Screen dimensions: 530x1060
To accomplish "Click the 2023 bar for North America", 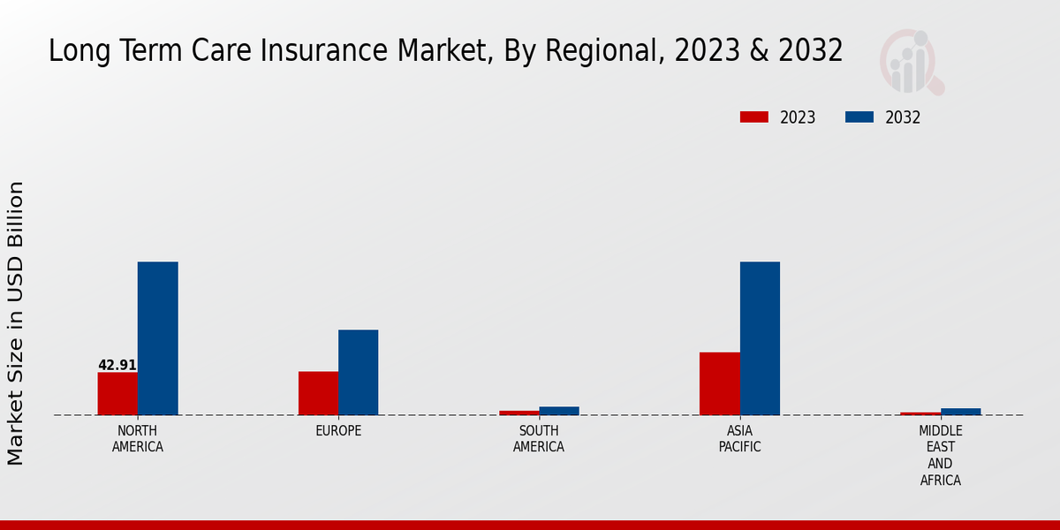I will click(x=117, y=393).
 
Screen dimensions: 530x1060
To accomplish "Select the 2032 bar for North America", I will click(x=157, y=338).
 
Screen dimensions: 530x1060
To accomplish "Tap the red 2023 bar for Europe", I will click(x=318, y=393).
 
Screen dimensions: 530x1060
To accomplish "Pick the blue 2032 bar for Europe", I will click(x=358, y=372).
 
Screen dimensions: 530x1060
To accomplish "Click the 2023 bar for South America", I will click(x=519, y=413).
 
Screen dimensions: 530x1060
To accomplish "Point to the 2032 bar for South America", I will click(x=559, y=411).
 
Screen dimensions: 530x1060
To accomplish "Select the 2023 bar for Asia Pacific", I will click(x=719, y=383).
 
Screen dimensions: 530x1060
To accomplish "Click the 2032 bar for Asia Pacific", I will click(x=760, y=338).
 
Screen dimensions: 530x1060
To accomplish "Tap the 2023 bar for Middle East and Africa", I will click(x=920, y=413).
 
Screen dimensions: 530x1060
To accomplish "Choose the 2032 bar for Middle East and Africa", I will click(x=960, y=412).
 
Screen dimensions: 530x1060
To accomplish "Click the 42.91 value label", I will click(x=117, y=365).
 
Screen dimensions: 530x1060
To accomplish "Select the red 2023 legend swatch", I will click(x=754, y=117).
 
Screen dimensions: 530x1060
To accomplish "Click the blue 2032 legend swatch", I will click(x=859, y=117).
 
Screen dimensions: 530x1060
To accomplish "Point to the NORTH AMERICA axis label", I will click(x=138, y=439).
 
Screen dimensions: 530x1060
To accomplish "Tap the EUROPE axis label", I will click(x=338, y=431).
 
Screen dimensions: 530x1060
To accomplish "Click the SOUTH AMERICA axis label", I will click(x=539, y=439).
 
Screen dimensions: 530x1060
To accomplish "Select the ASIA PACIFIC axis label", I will click(x=739, y=439).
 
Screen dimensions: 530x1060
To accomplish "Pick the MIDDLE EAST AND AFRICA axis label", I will click(x=940, y=456).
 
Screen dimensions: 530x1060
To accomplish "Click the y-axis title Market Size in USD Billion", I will click(x=16, y=323).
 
